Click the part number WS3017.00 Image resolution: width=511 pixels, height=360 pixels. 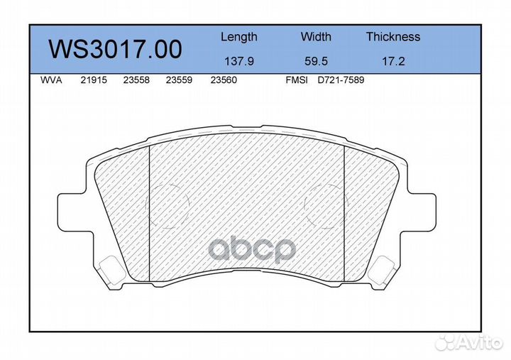[116, 49]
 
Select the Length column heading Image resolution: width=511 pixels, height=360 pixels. [239, 38]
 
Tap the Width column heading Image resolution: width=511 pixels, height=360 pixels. [316, 36]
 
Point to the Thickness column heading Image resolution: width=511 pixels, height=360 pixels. [393, 36]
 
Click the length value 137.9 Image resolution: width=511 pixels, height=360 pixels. [239, 61]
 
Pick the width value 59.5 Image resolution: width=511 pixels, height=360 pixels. [316, 61]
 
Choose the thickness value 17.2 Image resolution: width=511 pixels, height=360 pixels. [393, 61]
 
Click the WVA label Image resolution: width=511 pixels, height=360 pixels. [51, 80]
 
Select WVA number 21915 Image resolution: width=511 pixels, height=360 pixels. [94, 80]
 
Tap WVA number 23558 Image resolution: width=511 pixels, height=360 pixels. [136, 80]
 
